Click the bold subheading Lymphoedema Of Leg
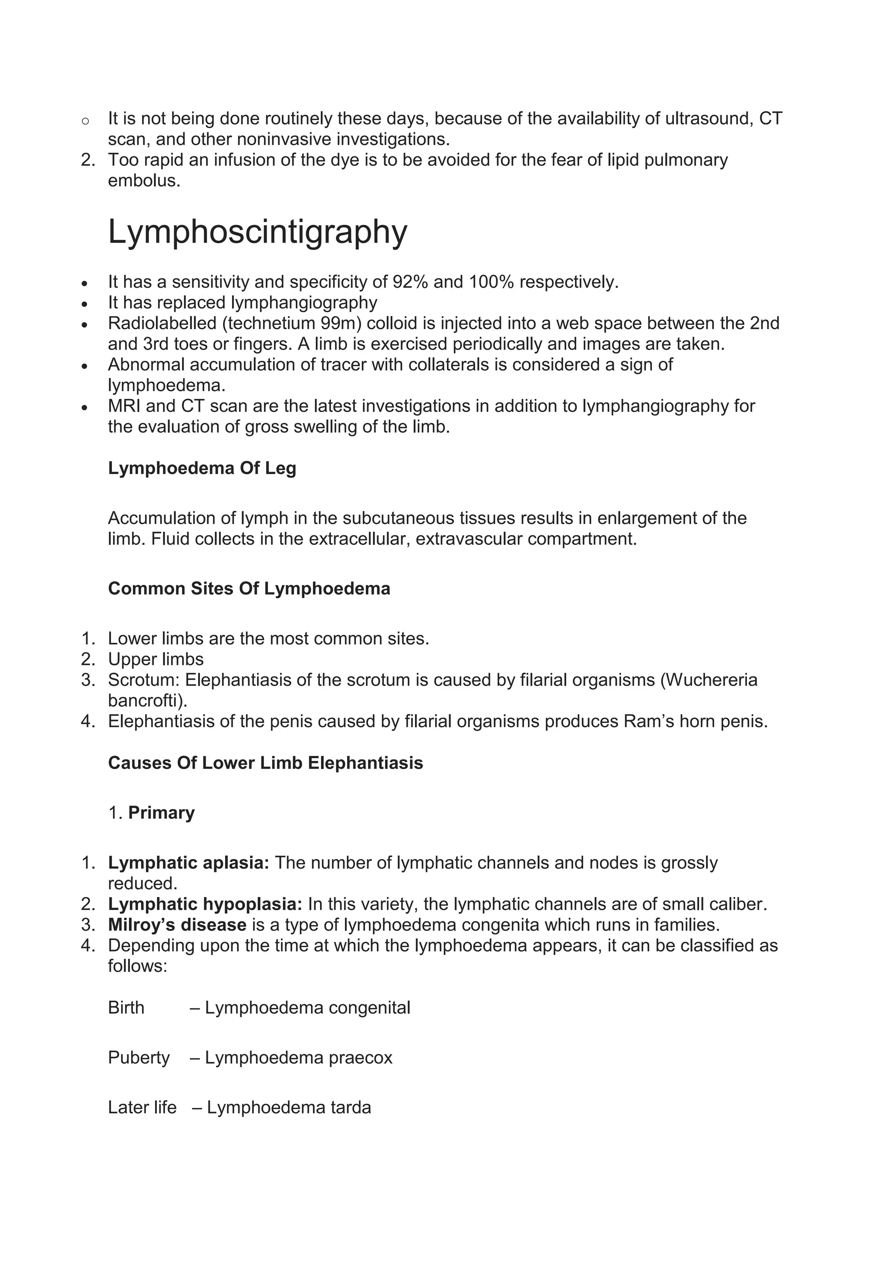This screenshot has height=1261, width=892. [x=202, y=468]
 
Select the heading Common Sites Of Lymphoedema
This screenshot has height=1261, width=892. [x=249, y=588]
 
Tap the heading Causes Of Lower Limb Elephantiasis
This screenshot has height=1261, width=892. [x=265, y=762]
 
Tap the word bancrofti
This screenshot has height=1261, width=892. [x=143, y=701]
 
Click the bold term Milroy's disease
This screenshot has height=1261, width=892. [x=177, y=925]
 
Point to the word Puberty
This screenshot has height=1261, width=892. [x=139, y=1057]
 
